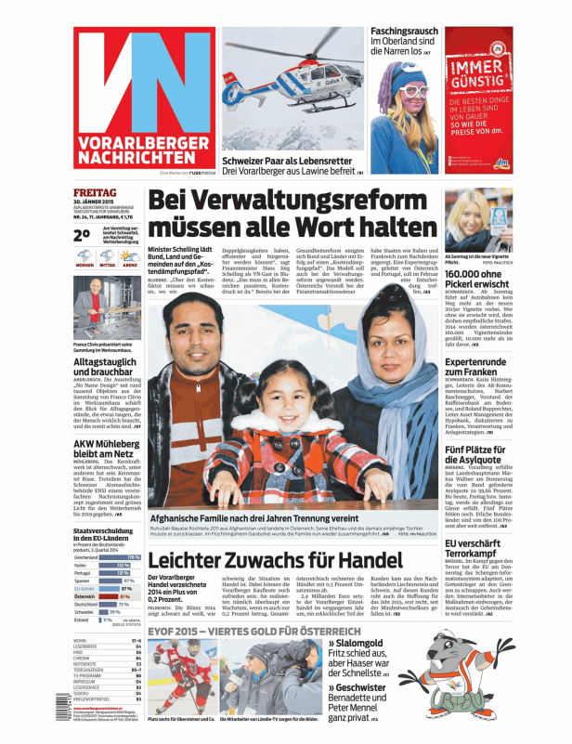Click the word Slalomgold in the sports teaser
363,643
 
